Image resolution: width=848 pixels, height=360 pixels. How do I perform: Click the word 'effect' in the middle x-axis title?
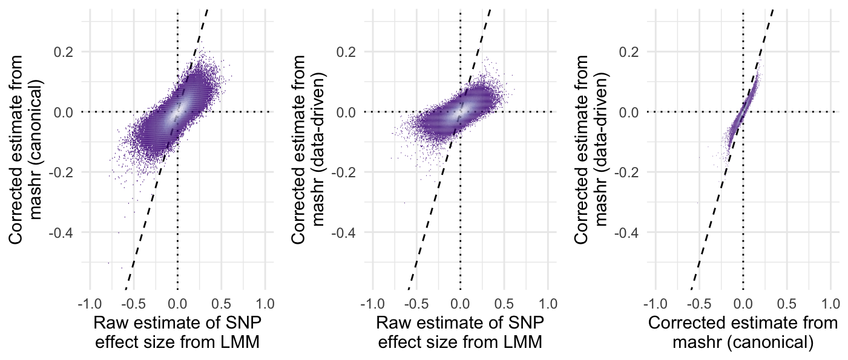point(401,342)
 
